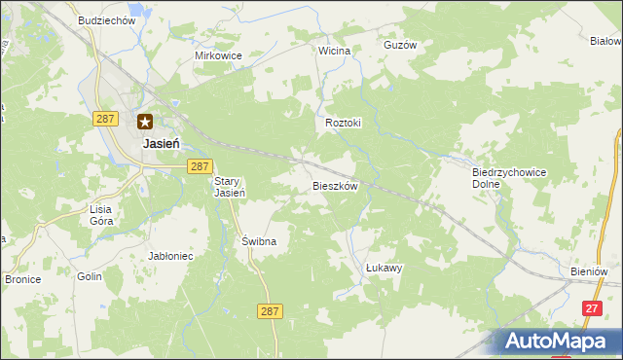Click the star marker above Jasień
click(x=145, y=122)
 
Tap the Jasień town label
click(x=160, y=142)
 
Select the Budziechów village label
click(x=107, y=20)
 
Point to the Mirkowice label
click(x=218, y=55)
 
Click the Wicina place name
click(x=334, y=50)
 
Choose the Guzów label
click(x=400, y=45)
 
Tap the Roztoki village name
click(x=344, y=124)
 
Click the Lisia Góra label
click(x=101, y=215)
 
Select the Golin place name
click(x=90, y=276)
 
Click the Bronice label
click(x=22, y=279)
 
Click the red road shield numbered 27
click(x=591, y=307)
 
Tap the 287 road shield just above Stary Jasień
click(x=200, y=166)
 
